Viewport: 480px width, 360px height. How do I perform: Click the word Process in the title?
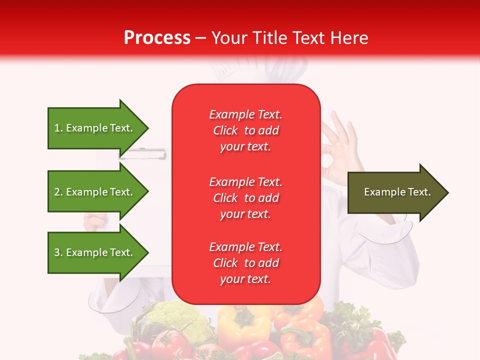click(157, 38)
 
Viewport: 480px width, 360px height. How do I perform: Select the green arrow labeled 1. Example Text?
click(95, 128)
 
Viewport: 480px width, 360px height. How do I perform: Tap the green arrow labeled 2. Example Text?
click(95, 192)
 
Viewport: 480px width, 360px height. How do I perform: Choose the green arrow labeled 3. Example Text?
click(95, 252)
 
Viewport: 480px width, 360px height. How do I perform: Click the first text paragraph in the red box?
click(245, 130)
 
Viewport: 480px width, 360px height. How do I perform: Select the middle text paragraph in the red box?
click(245, 197)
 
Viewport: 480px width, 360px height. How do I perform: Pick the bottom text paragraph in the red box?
click(245, 263)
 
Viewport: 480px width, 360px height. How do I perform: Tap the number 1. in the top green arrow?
click(58, 128)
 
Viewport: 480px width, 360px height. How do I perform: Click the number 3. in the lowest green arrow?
click(58, 252)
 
